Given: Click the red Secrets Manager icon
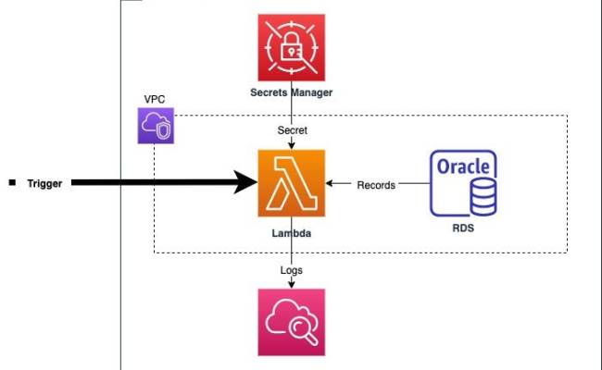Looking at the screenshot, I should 291,47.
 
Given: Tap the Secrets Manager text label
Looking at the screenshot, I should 291,92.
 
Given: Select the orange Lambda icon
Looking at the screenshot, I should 291,184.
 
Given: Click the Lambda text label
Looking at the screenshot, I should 291,235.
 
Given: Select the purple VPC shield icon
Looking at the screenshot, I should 155,126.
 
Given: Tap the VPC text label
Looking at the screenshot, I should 155,97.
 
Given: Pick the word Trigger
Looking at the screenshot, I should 44,184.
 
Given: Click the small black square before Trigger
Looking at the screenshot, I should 12,183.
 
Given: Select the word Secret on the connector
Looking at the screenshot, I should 293,130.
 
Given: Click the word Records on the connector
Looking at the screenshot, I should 376,185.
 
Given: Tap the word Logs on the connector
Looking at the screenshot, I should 291,269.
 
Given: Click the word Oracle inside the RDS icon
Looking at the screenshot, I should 462,169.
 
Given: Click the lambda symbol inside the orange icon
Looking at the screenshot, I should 291,184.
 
